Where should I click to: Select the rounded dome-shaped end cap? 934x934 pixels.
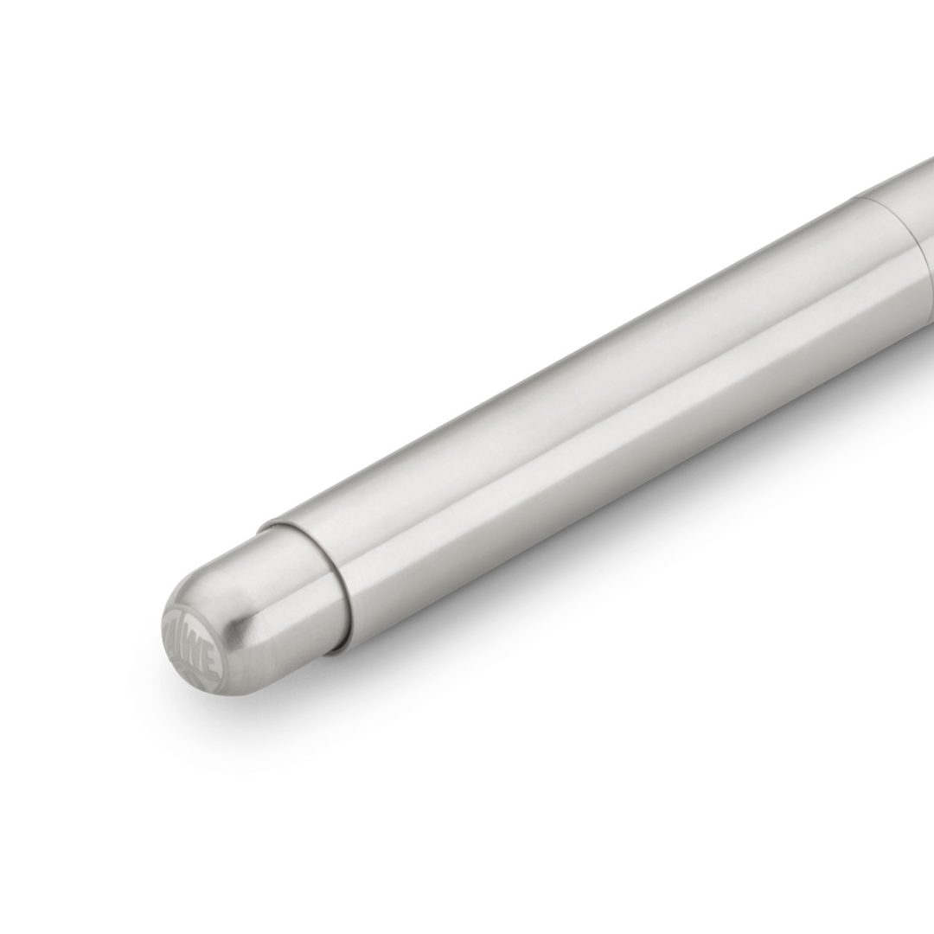tap(251, 605)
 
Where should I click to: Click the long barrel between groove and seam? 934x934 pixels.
tap(605, 406)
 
